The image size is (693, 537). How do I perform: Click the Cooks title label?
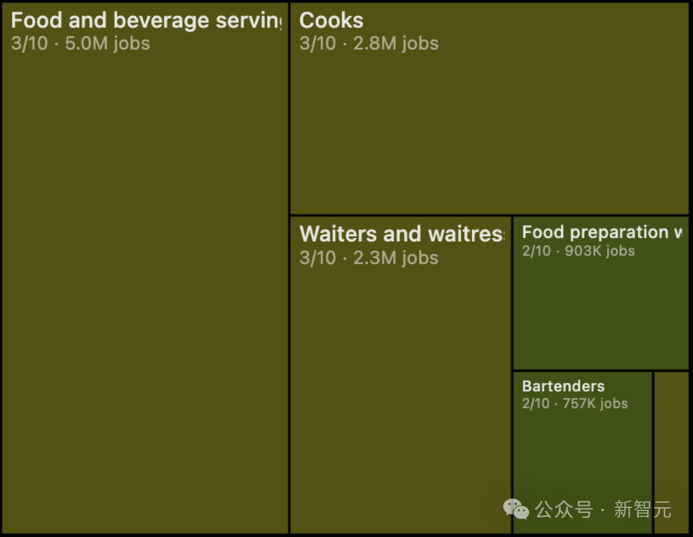coord(331,21)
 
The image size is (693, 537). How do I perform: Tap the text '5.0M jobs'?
coord(108,43)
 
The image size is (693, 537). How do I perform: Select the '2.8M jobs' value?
coord(396,43)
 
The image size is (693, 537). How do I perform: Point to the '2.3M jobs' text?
coord(396,258)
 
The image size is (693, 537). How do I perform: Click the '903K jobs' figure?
coord(600,251)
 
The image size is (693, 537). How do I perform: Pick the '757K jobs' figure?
coord(595,404)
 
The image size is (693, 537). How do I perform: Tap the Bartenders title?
coord(563,386)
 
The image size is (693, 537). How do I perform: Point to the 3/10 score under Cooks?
coord(317,43)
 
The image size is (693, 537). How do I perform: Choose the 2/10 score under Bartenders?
coord(535,404)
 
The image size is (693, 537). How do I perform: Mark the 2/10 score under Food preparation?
coord(536,251)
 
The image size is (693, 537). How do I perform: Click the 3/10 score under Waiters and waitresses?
coord(317,258)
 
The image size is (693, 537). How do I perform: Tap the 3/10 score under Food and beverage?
coord(29,43)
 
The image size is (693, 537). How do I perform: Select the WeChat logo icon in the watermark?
coord(516,510)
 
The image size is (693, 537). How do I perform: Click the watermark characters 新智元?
coord(642,510)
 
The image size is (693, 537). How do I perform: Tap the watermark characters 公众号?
coord(563,510)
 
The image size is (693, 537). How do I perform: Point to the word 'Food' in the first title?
coord(36,21)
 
